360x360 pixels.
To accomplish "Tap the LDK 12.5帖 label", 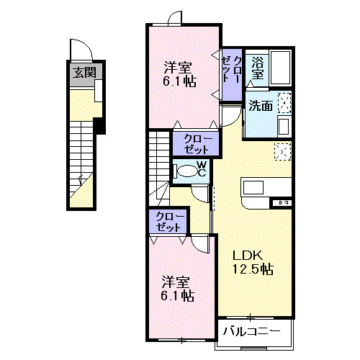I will [x=251, y=263].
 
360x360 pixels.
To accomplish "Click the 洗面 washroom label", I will [x=260, y=105].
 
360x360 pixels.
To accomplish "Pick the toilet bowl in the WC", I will [x=188, y=171].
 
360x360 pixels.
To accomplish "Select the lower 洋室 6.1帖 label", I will [x=176, y=288].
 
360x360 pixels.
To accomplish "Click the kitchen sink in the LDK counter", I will [x=257, y=187].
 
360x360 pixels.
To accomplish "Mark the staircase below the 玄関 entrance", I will [x=81, y=158].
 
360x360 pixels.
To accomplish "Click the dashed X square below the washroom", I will [x=283, y=152].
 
